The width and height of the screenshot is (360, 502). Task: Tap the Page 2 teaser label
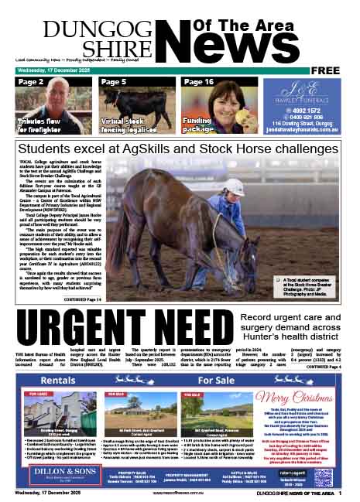(30, 82)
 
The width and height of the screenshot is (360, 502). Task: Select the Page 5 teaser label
(114, 82)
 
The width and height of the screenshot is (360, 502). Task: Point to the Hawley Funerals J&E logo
(302, 90)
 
